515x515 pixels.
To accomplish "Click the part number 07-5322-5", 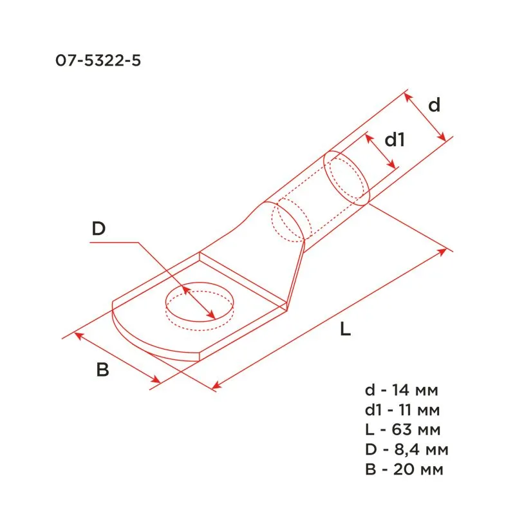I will click(x=98, y=61).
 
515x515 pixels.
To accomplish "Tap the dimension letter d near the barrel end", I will click(x=435, y=105).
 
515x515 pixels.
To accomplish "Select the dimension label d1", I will click(x=394, y=140).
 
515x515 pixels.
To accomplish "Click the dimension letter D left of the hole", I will click(x=98, y=229).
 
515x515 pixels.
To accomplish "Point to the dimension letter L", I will click(x=346, y=330).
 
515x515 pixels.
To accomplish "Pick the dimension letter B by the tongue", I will click(x=102, y=370).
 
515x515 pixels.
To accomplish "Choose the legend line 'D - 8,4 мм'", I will click(x=406, y=448).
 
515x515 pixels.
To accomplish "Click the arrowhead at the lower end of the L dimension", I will click(x=216, y=386).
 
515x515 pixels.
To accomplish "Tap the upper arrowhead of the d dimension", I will click(x=407, y=95).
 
